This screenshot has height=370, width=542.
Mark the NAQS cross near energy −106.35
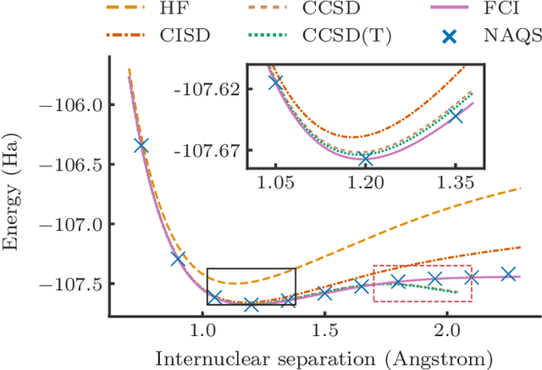click(x=141, y=146)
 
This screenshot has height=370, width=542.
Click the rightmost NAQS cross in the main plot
click(x=508, y=274)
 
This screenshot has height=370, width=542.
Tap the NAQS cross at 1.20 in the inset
click(x=366, y=160)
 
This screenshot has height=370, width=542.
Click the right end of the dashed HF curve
click(x=519, y=188)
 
